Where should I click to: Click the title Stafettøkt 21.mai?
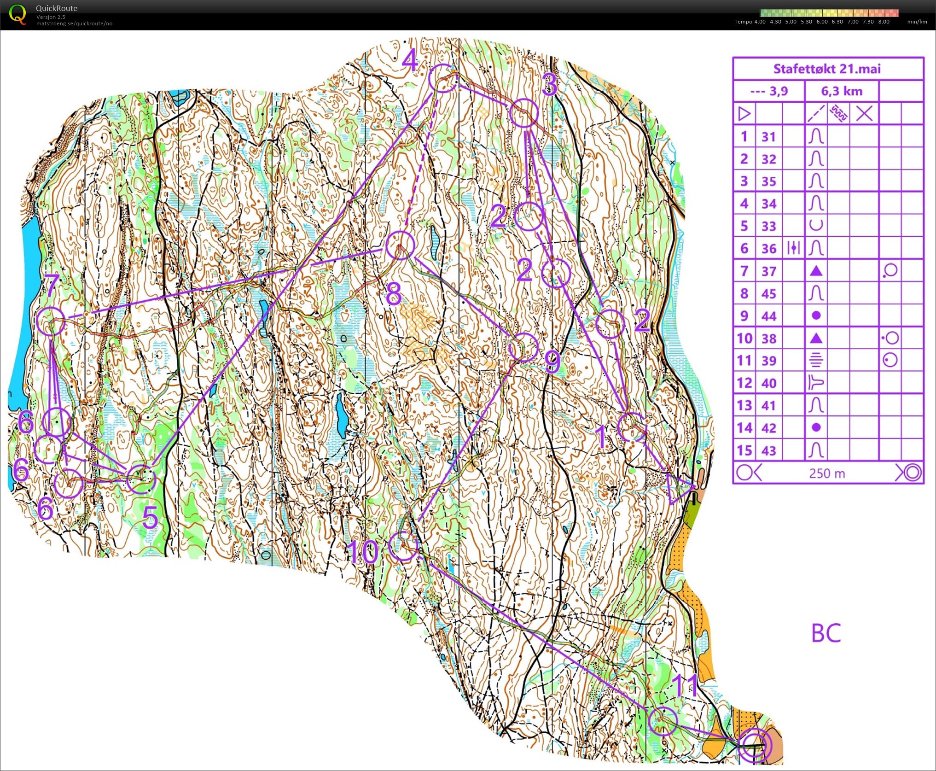tap(827, 69)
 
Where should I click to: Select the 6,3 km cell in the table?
tap(842, 91)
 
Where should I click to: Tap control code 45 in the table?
tap(769, 293)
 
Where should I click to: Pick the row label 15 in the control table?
tap(744, 450)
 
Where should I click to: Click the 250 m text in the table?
tap(827, 473)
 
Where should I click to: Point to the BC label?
tap(826, 633)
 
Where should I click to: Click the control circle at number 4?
tap(442, 78)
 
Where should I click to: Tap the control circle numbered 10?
tap(403, 545)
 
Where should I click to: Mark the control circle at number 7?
tap(50, 321)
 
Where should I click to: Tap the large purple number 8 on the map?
tap(393, 294)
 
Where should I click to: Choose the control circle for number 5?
tap(141, 479)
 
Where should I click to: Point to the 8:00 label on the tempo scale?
tap(884, 22)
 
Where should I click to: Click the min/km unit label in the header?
tap(917, 22)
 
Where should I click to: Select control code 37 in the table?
tap(769, 271)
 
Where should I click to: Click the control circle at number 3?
tap(523, 113)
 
